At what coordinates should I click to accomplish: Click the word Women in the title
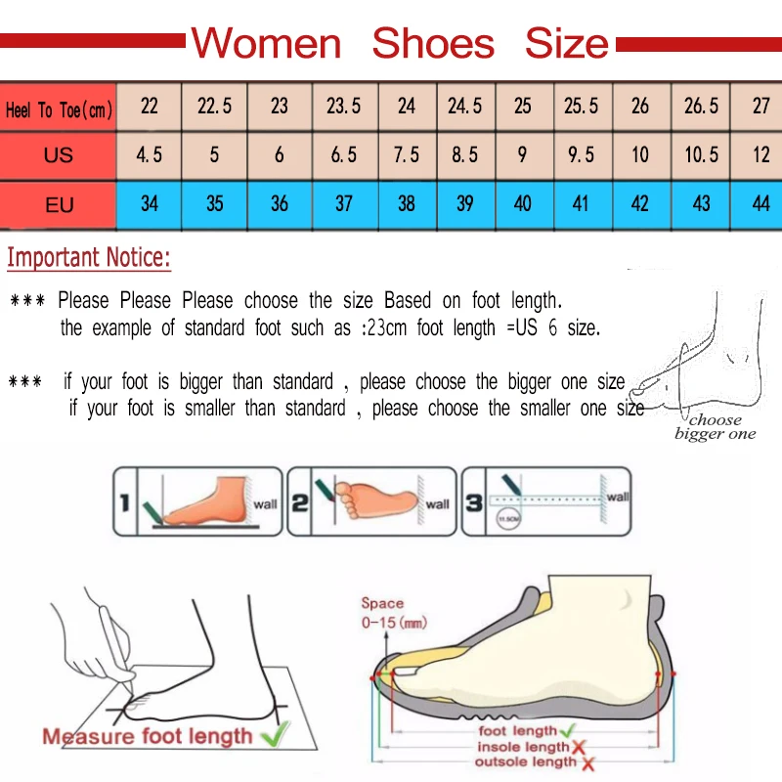(x=266, y=44)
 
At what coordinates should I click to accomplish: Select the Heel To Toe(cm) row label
(x=59, y=109)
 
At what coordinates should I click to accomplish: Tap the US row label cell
(x=59, y=155)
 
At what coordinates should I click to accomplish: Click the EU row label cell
(x=59, y=205)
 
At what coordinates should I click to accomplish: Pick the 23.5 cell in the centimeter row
(x=343, y=106)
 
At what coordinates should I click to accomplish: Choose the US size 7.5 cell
(x=407, y=155)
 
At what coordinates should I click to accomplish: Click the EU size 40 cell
(x=523, y=204)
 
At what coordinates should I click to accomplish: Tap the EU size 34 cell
(x=150, y=204)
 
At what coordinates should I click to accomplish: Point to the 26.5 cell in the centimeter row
(x=701, y=106)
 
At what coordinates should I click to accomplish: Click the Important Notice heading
(x=89, y=258)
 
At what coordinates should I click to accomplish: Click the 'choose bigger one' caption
(x=715, y=427)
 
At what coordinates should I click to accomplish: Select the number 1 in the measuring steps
(x=124, y=504)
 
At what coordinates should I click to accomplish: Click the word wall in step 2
(x=437, y=504)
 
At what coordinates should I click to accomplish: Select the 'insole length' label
(x=523, y=747)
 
